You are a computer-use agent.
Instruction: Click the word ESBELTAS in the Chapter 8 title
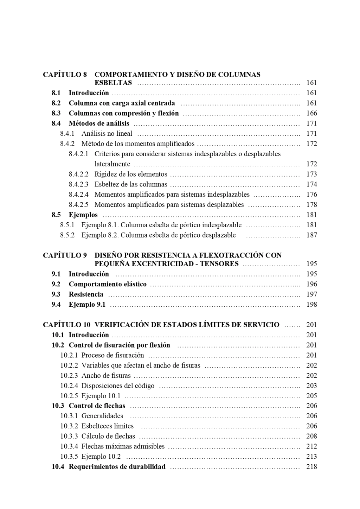113,83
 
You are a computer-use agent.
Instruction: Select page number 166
311,113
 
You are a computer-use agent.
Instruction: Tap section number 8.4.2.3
79,184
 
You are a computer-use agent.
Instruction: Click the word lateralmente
112,164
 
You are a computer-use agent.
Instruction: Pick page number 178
311,205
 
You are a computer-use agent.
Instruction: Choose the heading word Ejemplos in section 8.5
83,215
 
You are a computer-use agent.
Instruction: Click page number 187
311,235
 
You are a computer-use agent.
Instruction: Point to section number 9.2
56,284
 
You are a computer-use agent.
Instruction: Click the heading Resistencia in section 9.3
86,294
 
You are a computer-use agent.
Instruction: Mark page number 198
311,305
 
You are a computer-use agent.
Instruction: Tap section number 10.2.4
69,386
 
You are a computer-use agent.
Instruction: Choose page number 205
311,396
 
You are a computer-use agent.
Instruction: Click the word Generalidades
102,416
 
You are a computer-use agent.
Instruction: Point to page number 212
311,447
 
